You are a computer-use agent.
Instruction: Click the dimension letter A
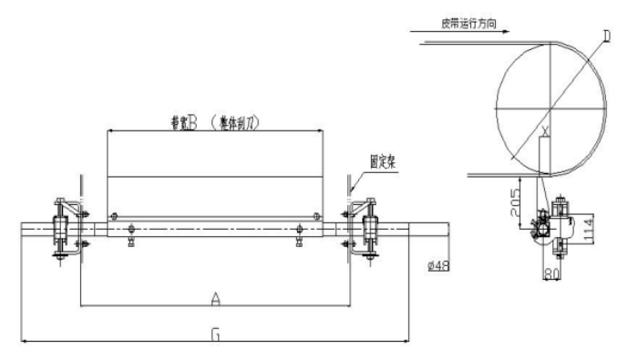(x=215, y=297)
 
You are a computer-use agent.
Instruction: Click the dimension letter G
(x=215, y=334)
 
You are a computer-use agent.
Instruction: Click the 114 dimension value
(x=588, y=226)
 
